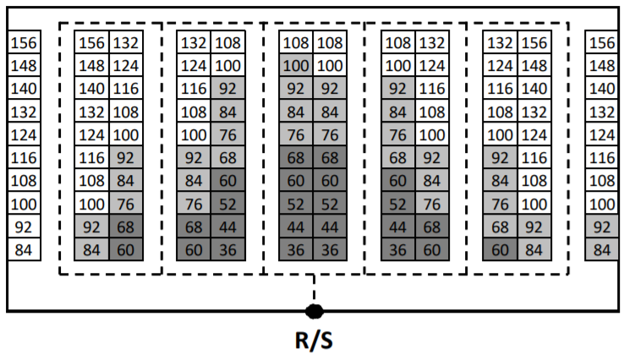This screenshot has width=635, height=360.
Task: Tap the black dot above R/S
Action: tap(315, 311)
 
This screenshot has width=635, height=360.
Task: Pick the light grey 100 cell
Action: tap(296, 65)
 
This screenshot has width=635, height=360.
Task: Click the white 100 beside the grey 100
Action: tap(330, 65)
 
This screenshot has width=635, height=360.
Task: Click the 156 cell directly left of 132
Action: tap(92, 42)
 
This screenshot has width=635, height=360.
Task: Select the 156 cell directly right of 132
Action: tap(534, 42)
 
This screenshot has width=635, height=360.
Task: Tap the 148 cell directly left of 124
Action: tap(92, 65)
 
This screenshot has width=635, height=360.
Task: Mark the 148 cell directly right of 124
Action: tap(534, 65)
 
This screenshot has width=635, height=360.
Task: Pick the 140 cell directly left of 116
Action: tap(92, 88)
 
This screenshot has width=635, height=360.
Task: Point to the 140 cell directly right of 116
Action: tap(534, 88)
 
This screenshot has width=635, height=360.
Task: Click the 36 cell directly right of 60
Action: tap(227, 249)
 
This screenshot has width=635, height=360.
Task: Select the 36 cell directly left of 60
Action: tap(398, 249)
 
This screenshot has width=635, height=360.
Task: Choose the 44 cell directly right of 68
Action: tap(227, 226)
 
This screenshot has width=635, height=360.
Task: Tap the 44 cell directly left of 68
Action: tap(398, 226)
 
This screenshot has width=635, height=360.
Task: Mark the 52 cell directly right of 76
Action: tap(227, 204)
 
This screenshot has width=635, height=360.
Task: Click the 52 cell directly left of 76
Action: tap(398, 204)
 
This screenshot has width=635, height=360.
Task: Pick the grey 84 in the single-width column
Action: tap(601, 249)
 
